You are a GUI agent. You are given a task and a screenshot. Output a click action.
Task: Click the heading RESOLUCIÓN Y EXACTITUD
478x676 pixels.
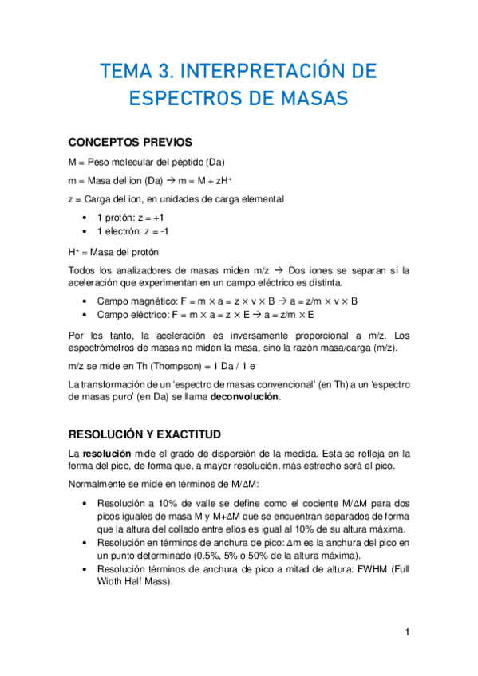pos(144,434)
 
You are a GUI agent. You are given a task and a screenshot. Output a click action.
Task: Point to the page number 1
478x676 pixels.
pos(407,632)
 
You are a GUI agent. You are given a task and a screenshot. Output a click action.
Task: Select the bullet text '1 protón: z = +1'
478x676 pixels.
pos(131,217)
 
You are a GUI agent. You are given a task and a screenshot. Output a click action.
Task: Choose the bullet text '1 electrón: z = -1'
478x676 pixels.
pos(133,231)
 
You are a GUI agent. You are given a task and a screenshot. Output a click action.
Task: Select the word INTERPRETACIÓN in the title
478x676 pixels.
pos(271,73)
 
